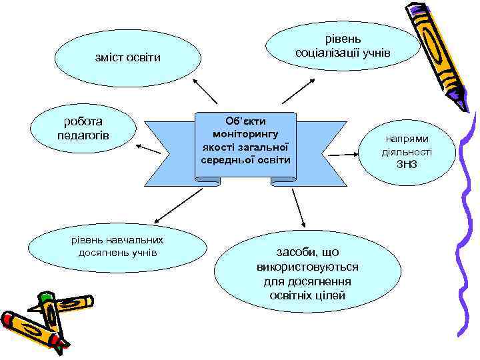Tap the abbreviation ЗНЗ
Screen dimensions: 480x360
[x=406, y=164]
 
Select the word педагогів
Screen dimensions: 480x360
[x=83, y=136]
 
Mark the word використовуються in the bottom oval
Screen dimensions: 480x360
[x=307, y=267]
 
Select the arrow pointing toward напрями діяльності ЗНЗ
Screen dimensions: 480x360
[x=344, y=155]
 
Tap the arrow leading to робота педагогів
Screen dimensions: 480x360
[x=149, y=147]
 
